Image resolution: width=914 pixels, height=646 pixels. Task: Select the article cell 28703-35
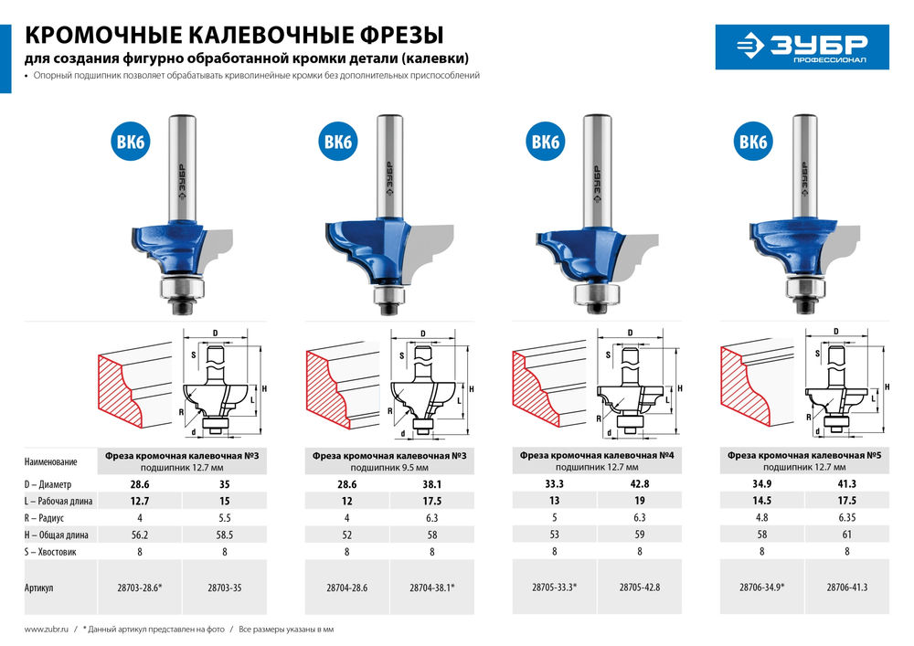pos(224,588)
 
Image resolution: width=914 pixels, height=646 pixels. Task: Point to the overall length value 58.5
pos(224,534)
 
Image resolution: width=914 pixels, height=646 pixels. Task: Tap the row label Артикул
pos(41,588)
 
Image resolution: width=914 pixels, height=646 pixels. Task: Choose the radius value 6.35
pos(846,517)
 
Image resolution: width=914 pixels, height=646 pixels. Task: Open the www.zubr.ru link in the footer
pos(44,630)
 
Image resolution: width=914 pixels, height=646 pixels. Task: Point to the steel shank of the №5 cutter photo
pos(804,164)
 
